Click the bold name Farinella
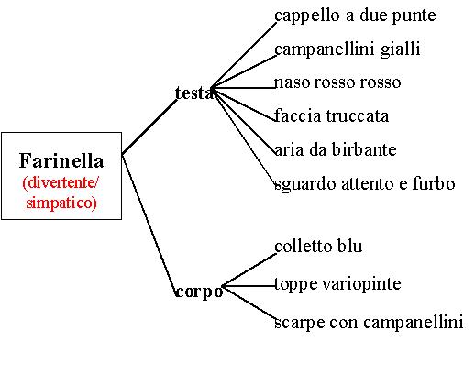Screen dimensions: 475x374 tap(61, 160)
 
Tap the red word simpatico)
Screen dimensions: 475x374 tap(61, 203)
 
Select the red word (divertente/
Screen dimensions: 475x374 tap(61, 182)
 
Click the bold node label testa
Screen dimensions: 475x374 tap(193, 93)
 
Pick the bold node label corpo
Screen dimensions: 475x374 tap(199, 291)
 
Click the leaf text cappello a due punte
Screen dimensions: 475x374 tap(355, 16)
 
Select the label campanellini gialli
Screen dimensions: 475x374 tap(348, 49)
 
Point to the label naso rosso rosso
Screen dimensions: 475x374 tap(337, 82)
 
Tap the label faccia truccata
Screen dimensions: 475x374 tap(331, 115)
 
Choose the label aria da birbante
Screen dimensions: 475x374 tap(336, 149)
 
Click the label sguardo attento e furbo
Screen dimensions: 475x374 tap(365, 184)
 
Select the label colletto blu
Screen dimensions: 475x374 tap(318, 246)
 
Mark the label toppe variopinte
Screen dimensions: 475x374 tap(337, 284)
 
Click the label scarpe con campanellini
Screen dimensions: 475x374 tap(369, 323)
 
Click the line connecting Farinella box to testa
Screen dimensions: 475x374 tap(149, 126)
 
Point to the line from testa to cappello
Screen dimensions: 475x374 tap(244, 55)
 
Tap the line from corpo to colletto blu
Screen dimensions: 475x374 tap(249, 270)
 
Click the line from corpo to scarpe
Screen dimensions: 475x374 tap(249, 302)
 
